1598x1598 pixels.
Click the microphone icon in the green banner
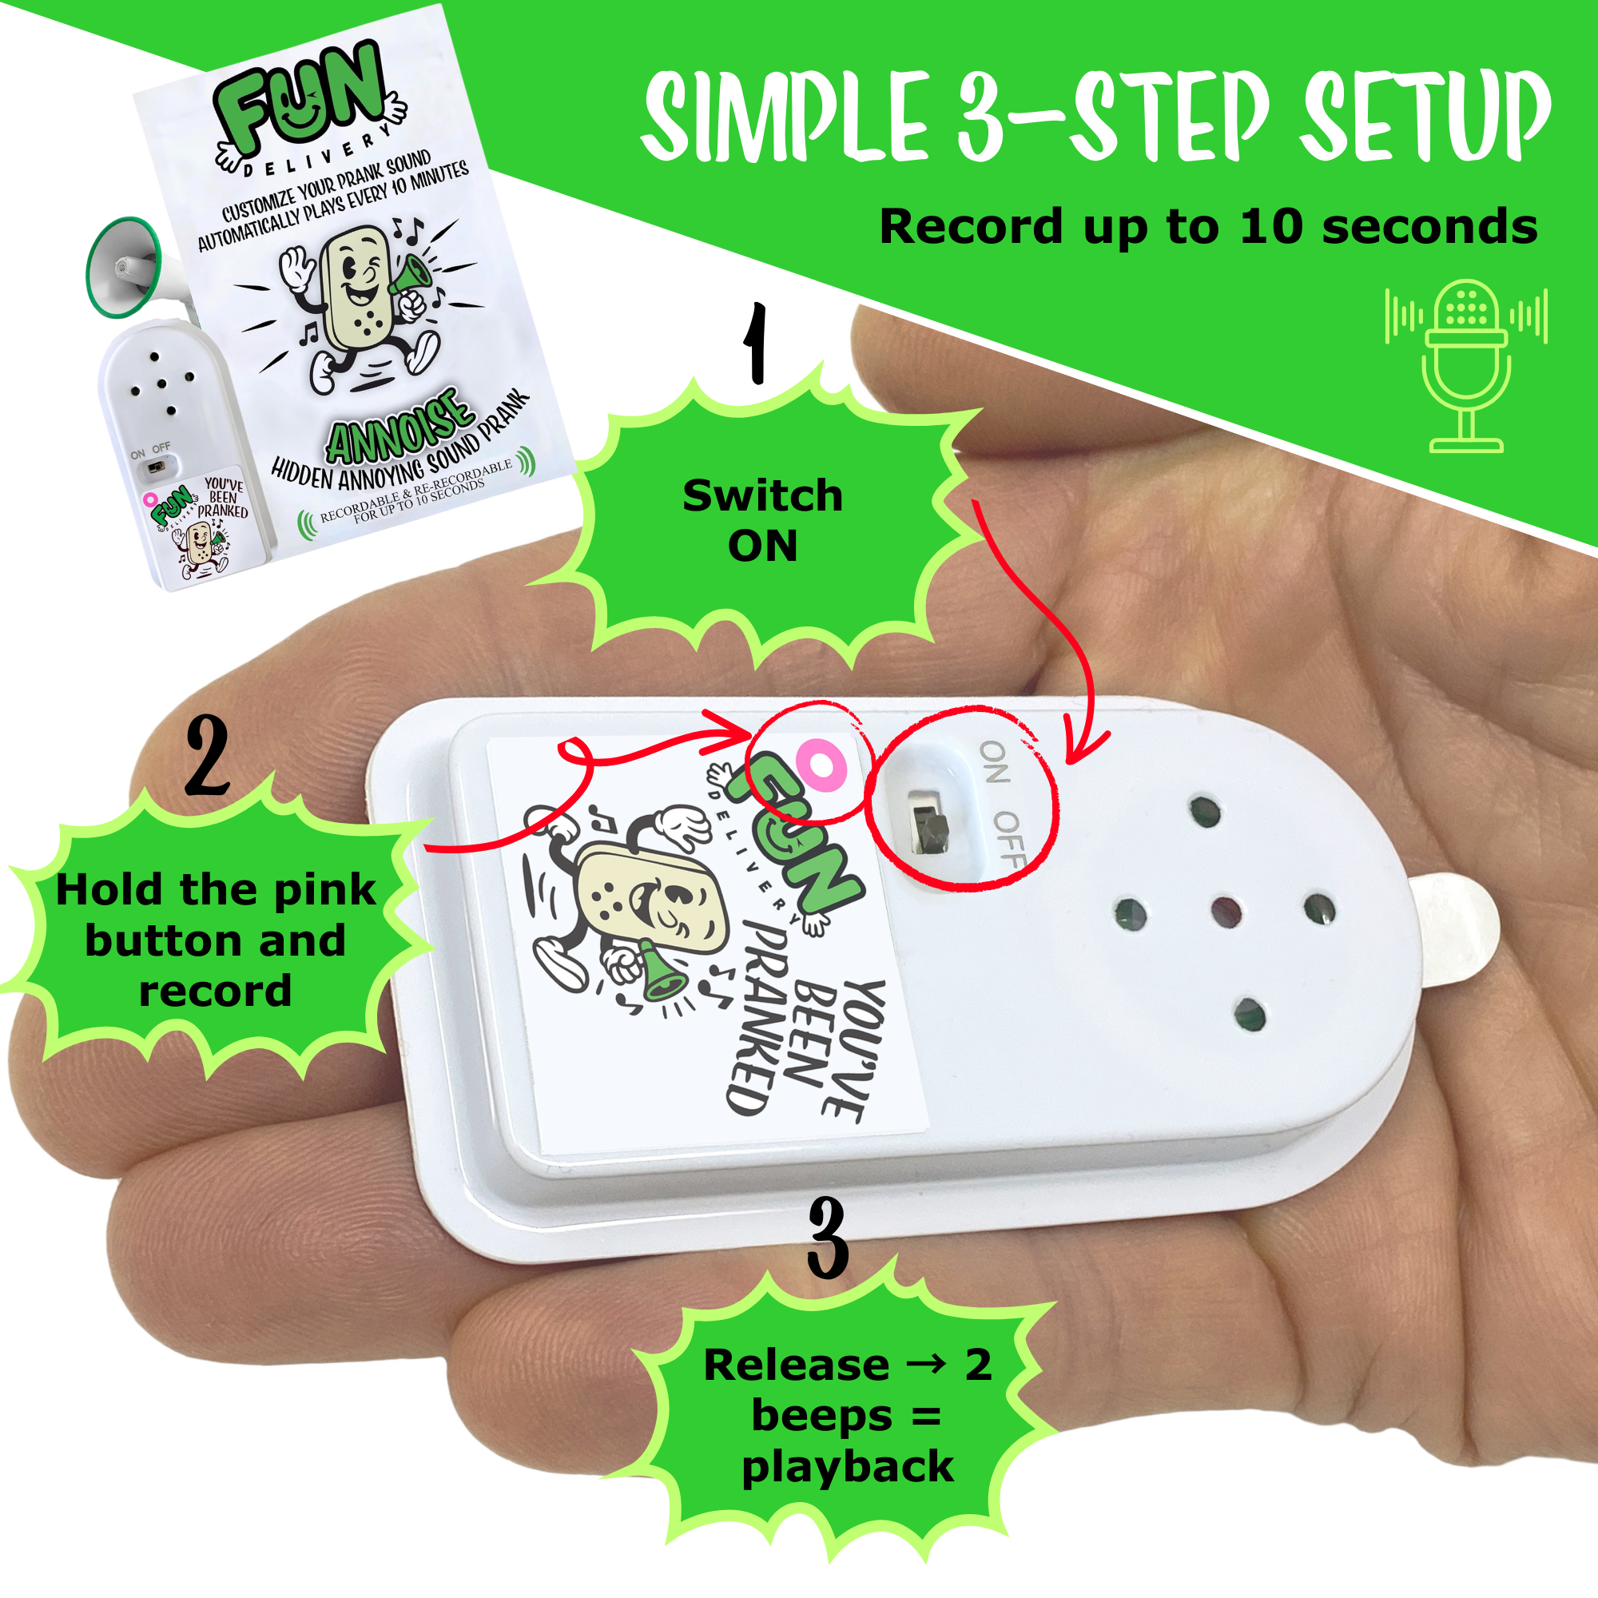click(x=1465, y=366)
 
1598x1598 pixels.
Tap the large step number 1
click(x=755, y=343)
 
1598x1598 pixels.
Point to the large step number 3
click(x=828, y=1238)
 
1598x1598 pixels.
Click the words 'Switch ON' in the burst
click(x=762, y=520)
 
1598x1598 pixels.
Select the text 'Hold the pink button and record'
click(x=215, y=940)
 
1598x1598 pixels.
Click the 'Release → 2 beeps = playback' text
click(x=847, y=1415)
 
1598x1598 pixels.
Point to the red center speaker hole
click(x=1226, y=912)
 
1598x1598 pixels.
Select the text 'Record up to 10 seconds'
click(x=1208, y=227)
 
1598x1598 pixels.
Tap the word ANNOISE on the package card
click(x=400, y=426)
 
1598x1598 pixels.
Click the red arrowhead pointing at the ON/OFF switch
click(x=1084, y=745)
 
